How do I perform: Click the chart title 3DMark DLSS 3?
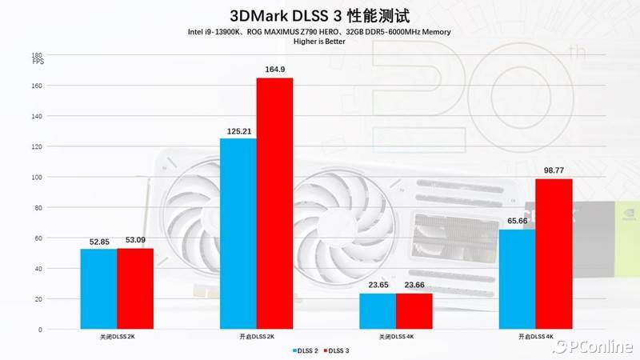tap(320, 15)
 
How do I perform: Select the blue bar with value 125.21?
tap(238, 234)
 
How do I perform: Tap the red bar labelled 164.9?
tap(274, 203)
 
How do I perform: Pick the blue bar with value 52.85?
tap(98, 289)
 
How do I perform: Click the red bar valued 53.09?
tap(135, 289)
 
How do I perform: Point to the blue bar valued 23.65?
tap(378, 311)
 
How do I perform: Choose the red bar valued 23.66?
tap(414, 311)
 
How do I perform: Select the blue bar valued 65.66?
tap(517, 279)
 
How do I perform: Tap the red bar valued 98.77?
tap(554, 254)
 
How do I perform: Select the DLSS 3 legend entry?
tap(336, 350)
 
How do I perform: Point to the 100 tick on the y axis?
tap(36, 177)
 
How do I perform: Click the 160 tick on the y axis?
tap(36, 86)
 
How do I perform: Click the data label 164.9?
tap(274, 70)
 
